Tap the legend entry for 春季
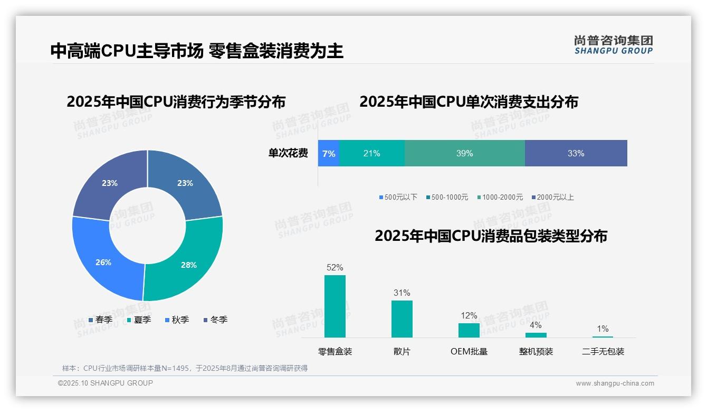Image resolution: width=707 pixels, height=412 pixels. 100,320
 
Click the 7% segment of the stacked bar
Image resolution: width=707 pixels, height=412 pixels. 328,153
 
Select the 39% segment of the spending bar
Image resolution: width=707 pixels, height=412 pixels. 464,153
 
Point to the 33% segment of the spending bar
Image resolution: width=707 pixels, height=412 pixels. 576,153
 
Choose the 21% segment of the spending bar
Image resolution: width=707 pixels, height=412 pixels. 371,153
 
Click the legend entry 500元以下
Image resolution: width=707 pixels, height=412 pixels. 398,197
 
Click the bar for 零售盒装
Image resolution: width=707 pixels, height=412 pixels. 335,306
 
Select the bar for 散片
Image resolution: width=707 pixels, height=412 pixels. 402,319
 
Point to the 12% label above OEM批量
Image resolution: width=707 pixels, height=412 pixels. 469,315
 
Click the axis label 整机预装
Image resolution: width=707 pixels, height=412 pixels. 536,351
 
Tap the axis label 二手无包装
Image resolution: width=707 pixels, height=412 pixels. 603,351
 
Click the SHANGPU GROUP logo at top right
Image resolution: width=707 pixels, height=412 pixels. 613,45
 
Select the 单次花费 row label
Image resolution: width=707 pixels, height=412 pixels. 288,153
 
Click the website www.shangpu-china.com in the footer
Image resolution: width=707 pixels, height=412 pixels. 615,383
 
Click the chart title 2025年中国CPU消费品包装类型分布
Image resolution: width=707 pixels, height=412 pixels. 491,236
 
